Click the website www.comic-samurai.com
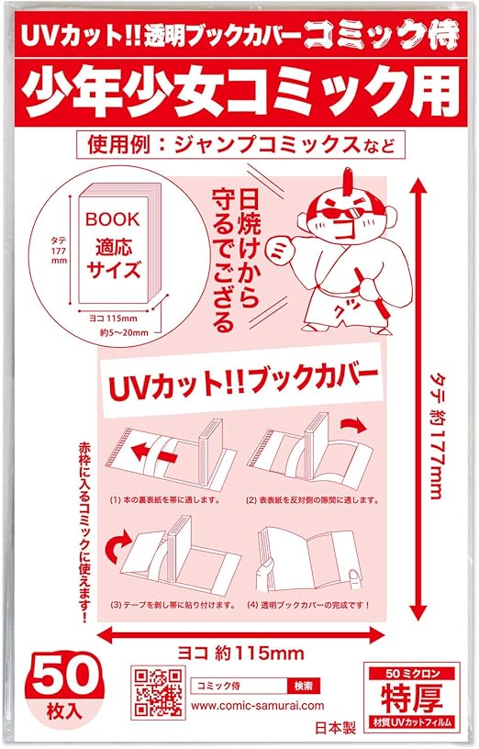click(259, 705)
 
